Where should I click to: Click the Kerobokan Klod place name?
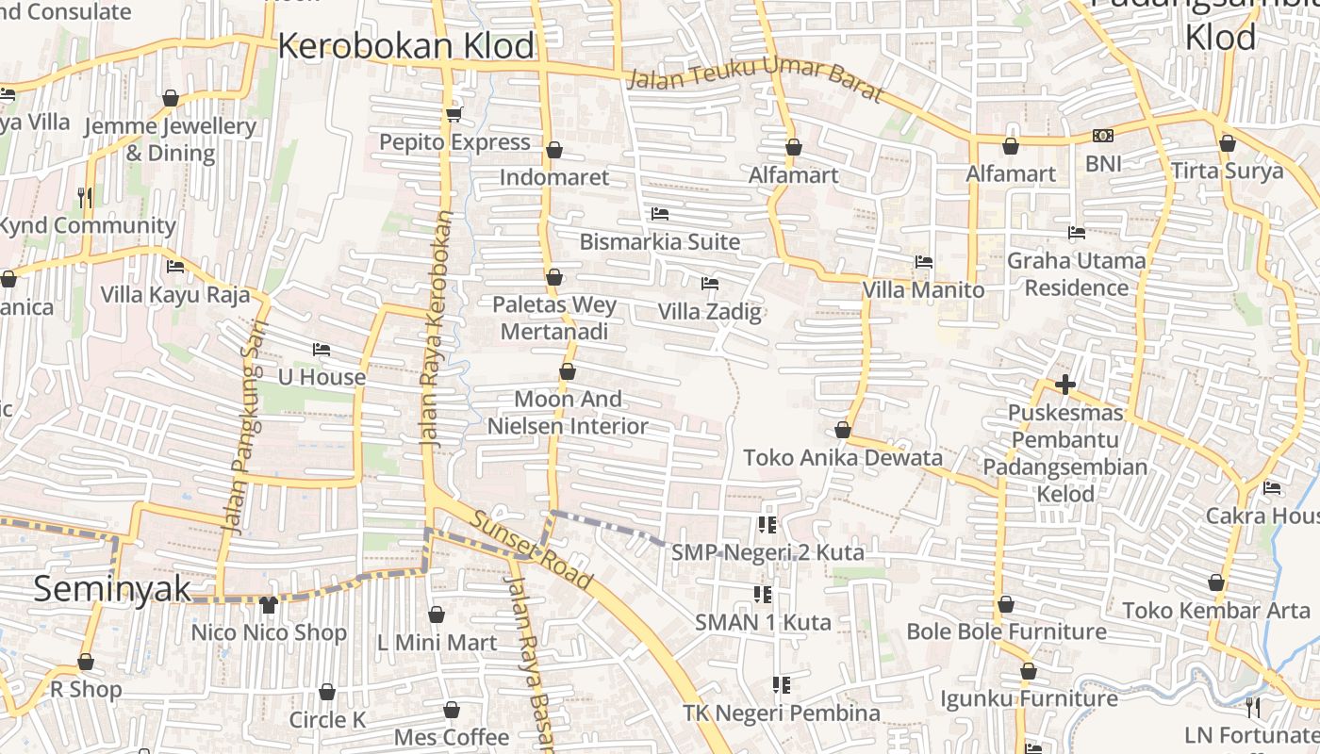tap(405, 46)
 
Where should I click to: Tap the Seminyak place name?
tap(111, 589)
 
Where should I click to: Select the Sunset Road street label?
tap(533, 550)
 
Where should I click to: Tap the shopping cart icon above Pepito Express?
tap(454, 114)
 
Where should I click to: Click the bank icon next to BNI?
tap(1102, 136)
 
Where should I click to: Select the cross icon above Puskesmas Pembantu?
tap(1065, 385)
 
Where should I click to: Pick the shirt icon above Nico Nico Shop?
tap(268, 604)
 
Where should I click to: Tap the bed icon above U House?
tap(321, 350)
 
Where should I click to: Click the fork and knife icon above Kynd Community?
tap(85, 197)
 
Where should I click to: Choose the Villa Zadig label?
tap(709, 311)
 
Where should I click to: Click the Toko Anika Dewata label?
tap(843, 458)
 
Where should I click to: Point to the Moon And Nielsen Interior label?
tap(568, 413)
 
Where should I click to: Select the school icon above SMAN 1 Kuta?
tap(763, 594)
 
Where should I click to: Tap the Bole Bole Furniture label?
tap(1006, 631)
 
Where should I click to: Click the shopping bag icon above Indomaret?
tap(554, 150)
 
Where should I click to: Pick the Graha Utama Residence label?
tap(1076, 273)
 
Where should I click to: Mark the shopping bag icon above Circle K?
tap(327, 692)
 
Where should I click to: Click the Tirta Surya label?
tap(1227, 171)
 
